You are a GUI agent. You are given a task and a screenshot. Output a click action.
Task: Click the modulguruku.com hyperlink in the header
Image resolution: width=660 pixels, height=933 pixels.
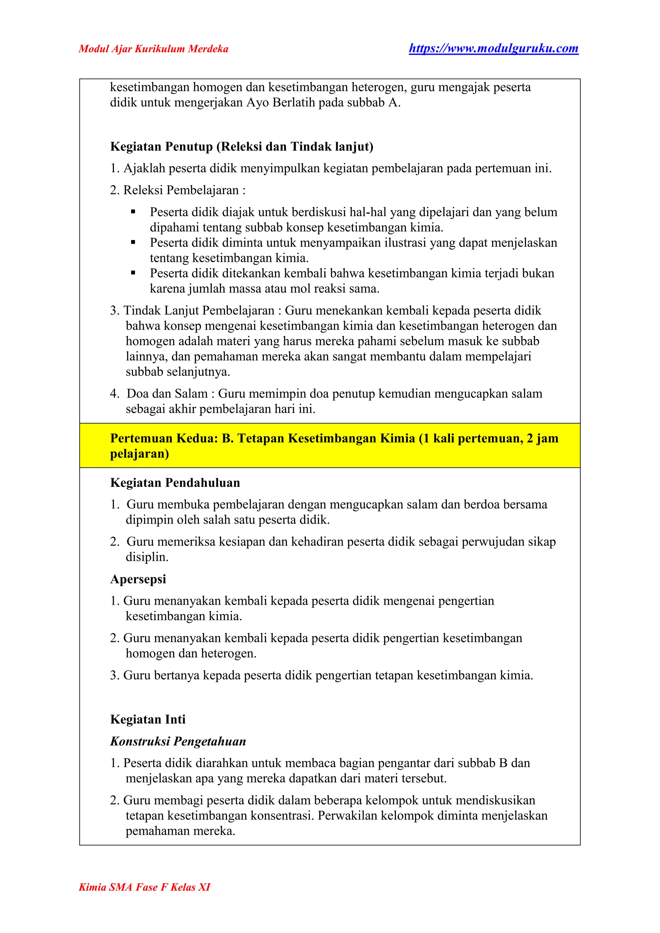[x=493, y=49]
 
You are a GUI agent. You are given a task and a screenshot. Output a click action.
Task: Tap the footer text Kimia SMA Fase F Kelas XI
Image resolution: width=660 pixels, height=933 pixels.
[x=144, y=887]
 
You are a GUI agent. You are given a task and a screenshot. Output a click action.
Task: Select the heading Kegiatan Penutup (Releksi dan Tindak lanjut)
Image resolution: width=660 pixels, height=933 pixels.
[x=241, y=146]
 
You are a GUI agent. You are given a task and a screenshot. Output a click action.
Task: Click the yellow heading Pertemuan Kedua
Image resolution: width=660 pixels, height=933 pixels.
[x=334, y=438]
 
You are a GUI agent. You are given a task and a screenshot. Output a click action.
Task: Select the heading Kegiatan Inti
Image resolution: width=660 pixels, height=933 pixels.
[x=148, y=719]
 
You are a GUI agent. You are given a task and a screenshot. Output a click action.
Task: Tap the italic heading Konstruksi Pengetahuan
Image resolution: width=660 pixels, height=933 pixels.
[x=178, y=741]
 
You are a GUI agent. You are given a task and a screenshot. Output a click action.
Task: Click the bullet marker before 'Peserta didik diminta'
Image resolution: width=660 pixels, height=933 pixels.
[x=133, y=242]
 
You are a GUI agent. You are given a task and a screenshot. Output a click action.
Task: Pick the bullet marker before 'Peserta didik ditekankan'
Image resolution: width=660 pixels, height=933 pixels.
[x=133, y=273]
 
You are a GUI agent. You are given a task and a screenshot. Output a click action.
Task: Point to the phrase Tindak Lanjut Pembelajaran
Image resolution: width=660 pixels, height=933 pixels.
[x=199, y=311]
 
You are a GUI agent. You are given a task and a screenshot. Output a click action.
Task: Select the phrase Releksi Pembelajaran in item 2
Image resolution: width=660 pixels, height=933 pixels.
[x=181, y=190]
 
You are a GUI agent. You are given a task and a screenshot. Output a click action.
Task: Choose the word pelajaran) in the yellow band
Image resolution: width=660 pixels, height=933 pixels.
[x=140, y=454]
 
